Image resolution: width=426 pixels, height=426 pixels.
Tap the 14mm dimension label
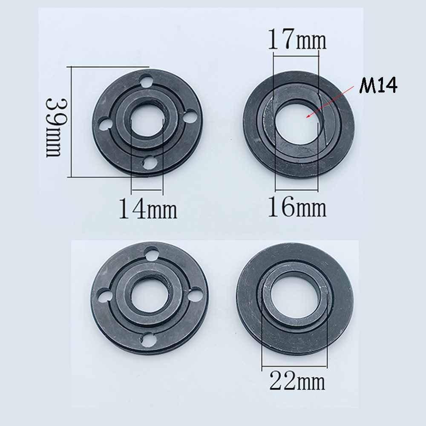click(x=148, y=209)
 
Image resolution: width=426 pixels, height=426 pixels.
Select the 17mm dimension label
click(x=297, y=39)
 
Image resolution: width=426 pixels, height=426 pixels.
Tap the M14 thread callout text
click(x=378, y=85)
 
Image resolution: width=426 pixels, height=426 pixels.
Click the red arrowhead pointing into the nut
click(x=308, y=116)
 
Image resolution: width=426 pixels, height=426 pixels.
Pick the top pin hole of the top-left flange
click(x=146, y=81)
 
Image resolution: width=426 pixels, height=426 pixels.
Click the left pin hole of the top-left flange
click(x=105, y=124)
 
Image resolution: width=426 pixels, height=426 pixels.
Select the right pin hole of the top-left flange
click(x=190, y=116)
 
